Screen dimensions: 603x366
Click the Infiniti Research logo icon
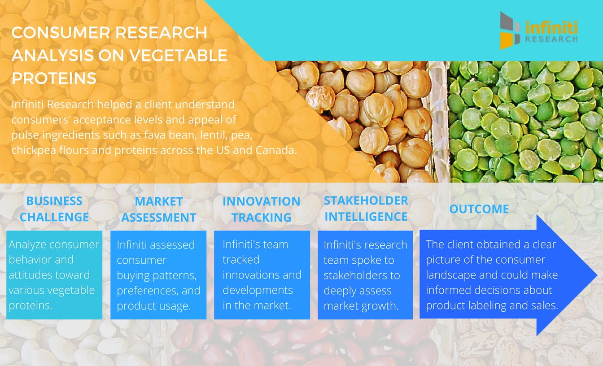click(510, 30)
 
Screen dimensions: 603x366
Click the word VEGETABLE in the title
click(176, 56)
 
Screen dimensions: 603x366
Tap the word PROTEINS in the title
click(54, 78)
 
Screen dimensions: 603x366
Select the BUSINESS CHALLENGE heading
click(54, 209)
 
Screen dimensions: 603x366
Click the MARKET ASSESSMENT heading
click(158, 209)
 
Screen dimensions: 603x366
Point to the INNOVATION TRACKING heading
click(262, 209)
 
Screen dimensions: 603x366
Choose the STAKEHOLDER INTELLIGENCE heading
click(366, 209)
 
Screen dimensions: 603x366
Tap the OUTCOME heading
click(479, 209)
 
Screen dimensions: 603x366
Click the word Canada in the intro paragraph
click(276, 150)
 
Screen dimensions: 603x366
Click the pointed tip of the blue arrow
click(597, 275)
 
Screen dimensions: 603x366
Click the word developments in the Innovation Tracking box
click(258, 291)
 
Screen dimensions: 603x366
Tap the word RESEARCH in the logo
click(551, 39)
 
